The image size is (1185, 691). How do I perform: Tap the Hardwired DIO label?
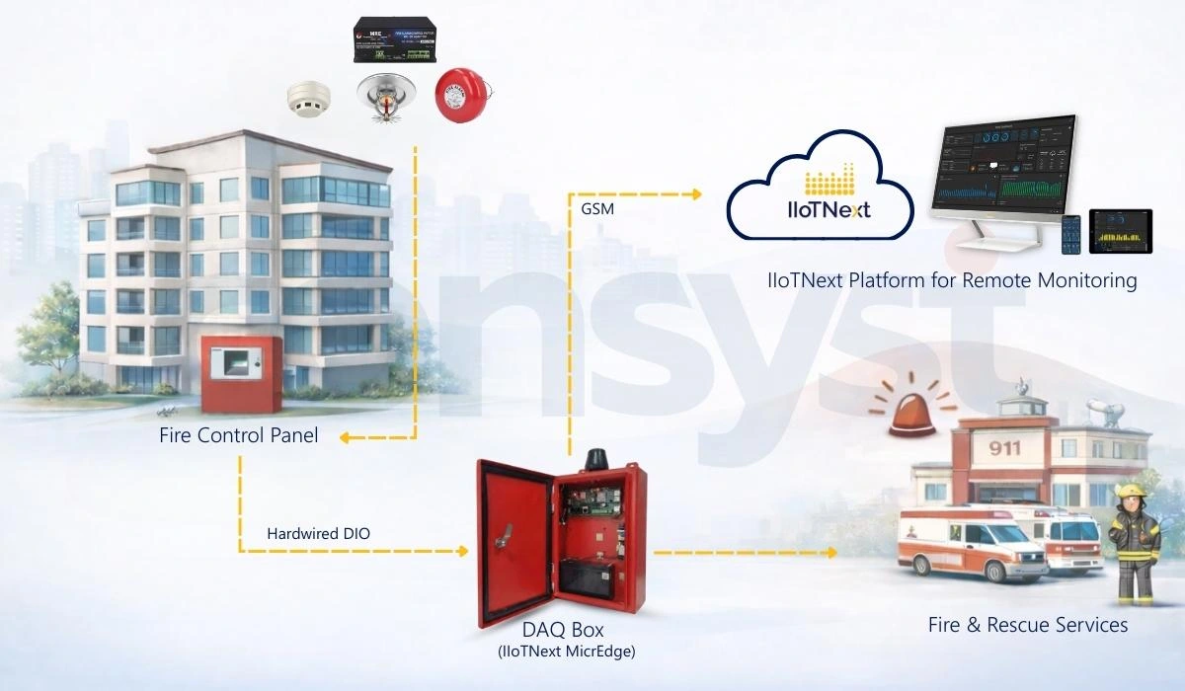point(319,534)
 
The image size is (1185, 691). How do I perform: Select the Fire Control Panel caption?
point(238,434)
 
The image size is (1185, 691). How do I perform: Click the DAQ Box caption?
point(562,630)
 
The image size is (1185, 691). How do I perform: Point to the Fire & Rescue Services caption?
point(1027,625)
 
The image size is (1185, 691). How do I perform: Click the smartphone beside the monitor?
point(1070,235)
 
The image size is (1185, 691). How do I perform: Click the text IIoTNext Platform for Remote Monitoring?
point(952,281)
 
